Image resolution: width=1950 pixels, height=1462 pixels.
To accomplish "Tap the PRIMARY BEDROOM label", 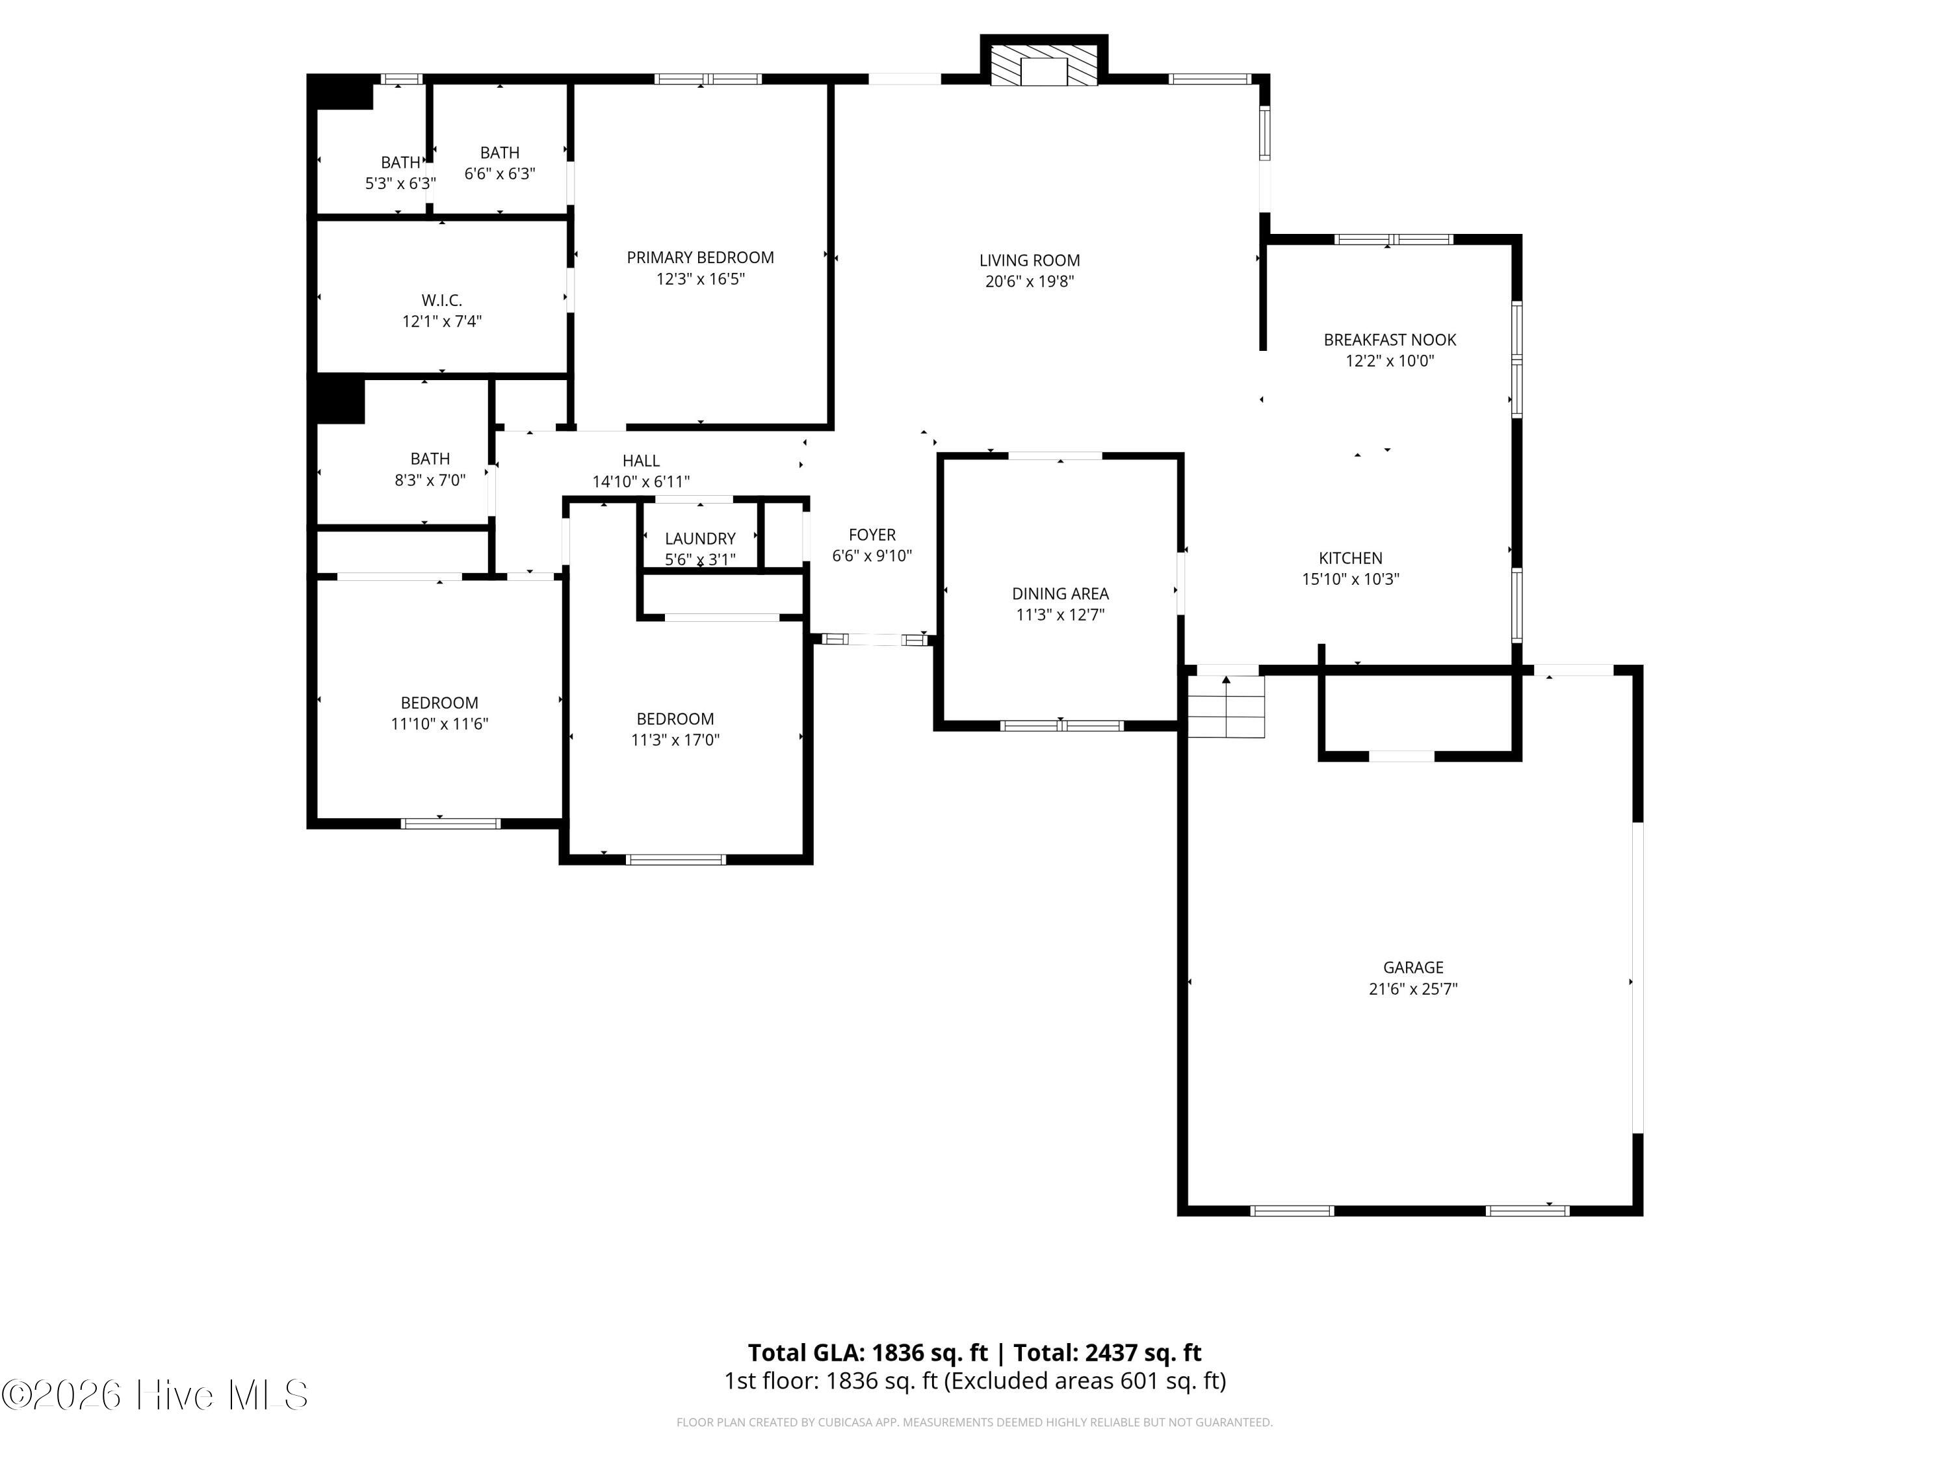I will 700,257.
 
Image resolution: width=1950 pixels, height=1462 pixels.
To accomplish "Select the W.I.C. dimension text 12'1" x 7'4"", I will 441,322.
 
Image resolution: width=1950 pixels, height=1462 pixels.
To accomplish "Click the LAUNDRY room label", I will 700,539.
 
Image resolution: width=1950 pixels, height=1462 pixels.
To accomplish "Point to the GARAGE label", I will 1412,968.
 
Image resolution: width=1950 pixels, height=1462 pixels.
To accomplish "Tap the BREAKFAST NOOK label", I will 1389,339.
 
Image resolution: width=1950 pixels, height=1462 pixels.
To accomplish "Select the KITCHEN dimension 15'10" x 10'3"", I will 1351,579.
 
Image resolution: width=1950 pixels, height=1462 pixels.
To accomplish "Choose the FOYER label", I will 872,535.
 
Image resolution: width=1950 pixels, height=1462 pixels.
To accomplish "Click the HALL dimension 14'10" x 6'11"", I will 641,482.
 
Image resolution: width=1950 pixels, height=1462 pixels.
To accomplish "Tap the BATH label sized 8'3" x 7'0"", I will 430,458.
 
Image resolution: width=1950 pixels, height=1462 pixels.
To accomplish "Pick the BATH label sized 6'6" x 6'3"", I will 500,153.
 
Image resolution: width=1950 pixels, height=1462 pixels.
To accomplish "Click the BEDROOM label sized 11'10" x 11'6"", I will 439,702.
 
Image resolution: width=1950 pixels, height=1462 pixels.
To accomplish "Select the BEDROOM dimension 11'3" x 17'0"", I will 675,740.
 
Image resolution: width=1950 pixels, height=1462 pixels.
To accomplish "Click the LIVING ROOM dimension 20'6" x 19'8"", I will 1029,282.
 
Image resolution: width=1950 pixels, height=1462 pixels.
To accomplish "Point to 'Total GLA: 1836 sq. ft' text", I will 868,1353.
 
